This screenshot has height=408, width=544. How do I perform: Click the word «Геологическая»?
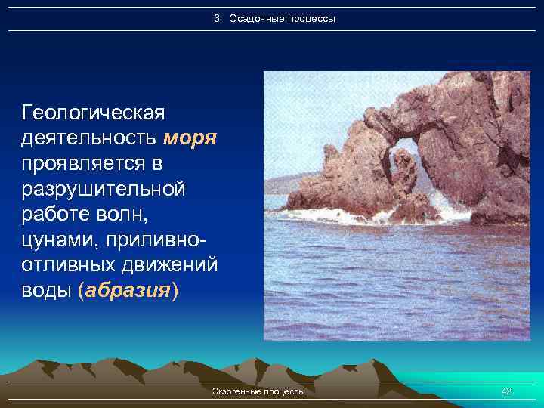pyautogui.click(x=94, y=113)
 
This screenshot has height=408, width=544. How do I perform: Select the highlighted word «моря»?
pyautogui.click(x=190, y=138)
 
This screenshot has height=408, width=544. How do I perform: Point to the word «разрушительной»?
pyautogui.click(x=104, y=190)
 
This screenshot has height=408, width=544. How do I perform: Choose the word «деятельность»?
pyautogui.click(x=89, y=138)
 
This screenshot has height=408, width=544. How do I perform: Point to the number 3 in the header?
pyautogui.click(x=217, y=17)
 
